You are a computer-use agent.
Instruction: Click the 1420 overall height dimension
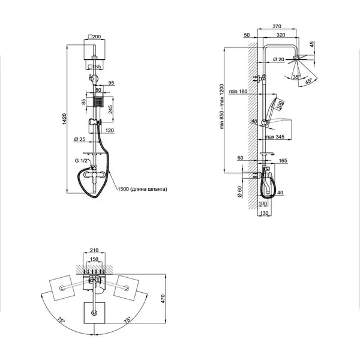point(65,119)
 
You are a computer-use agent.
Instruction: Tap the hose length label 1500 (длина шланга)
point(142,189)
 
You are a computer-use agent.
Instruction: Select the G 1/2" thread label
point(82,160)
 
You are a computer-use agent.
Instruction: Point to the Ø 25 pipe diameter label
point(80,139)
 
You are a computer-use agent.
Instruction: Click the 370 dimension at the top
point(277,26)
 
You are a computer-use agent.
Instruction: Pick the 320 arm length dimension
point(281,35)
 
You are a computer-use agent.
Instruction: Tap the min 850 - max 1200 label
point(221,106)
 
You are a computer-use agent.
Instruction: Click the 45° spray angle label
point(308,81)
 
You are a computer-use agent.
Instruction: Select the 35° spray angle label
point(296,77)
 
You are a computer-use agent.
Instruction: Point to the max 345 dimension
point(275,137)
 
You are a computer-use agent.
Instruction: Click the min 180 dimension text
point(238,91)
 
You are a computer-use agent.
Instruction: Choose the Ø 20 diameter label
point(278,59)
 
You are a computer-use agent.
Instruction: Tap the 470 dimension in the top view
point(163,299)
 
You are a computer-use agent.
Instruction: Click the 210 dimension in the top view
point(94,250)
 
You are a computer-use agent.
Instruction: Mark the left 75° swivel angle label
point(61,320)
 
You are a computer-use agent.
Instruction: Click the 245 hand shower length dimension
point(110,109)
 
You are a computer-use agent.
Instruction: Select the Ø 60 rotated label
point(239,192)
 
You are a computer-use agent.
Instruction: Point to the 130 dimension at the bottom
point(264,213)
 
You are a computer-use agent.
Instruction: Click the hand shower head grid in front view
point(98,102)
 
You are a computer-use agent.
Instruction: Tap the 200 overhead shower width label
point(95,37)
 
